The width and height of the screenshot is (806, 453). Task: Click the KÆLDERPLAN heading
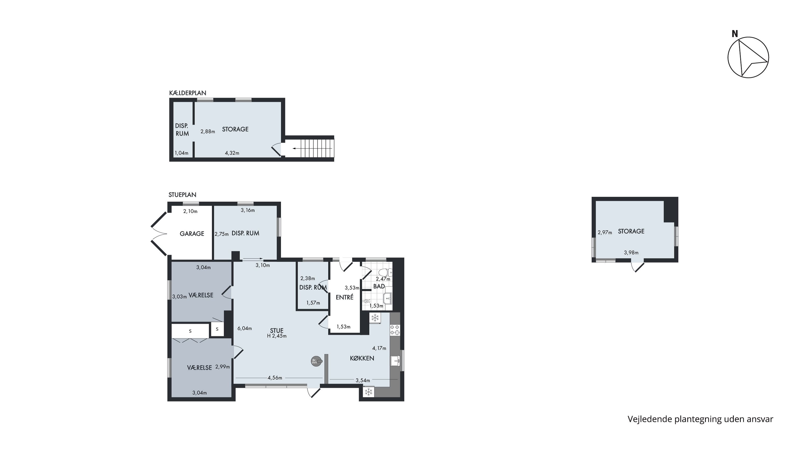188,93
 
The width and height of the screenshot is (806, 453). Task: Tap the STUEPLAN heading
182,195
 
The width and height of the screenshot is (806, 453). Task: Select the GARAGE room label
192,234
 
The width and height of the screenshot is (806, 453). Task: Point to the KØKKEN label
362,358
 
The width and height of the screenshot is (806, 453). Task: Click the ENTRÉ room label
344,297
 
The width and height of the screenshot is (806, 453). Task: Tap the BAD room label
379,286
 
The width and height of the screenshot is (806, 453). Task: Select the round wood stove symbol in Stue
316,361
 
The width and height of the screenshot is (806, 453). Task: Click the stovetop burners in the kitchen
395,330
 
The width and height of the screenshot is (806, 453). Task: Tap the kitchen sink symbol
395,361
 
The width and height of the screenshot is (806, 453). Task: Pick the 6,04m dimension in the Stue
245,328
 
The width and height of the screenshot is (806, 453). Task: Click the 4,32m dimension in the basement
232,153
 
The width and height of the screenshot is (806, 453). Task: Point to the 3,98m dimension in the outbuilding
631,253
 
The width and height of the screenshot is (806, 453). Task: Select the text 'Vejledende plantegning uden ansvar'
700,419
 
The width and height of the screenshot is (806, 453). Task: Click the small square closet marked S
217,329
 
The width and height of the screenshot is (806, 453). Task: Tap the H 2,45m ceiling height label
277,336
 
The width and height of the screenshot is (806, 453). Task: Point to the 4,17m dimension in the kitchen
379,348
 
